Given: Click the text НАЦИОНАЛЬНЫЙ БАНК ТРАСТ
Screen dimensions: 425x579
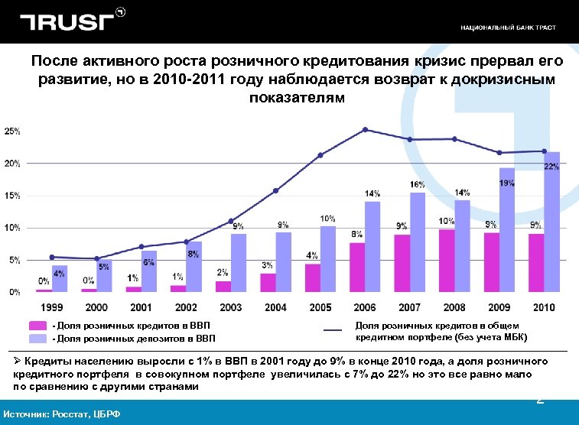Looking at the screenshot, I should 508,28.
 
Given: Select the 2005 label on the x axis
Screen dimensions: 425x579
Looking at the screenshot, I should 320,307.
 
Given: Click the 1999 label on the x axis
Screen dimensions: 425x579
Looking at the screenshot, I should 52,307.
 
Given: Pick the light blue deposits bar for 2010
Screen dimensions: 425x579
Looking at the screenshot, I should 551,229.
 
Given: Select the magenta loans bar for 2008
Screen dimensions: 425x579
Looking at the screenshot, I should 446,261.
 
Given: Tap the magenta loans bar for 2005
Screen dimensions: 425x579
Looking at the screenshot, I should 312,277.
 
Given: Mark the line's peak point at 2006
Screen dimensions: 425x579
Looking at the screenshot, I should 365,129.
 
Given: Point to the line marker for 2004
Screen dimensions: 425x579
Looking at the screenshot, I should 275,190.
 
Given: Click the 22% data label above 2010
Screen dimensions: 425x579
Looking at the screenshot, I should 551,167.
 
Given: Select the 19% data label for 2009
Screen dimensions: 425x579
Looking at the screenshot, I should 506,183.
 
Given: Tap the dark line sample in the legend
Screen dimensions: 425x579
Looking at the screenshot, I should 333,330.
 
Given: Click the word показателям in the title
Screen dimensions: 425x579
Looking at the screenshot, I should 297,99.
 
